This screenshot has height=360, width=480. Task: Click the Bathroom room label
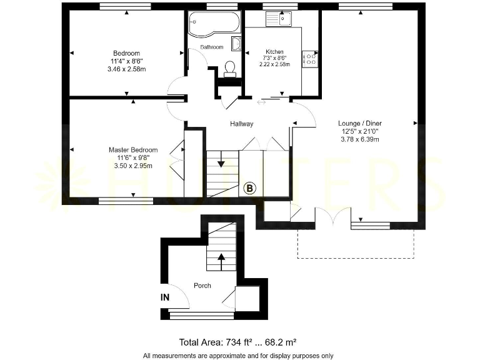tap(211, 47)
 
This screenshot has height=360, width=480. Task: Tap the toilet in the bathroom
tap(229, 67)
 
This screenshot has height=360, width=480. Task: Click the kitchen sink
tap(280, 19)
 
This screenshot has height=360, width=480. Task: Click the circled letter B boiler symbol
tap(250, 188)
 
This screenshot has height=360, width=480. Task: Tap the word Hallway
tap(241, 124)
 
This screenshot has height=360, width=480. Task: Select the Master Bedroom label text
tap(133, 150)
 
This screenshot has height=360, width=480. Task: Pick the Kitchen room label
tap(274, 52)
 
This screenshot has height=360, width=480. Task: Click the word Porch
tap(202, 286)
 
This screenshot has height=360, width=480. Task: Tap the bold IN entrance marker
tap(165, 298)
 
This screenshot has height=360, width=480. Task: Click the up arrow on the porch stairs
tap(220, 257)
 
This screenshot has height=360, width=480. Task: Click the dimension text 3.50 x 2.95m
tap(133, 166)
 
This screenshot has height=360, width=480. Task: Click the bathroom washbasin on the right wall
tap(236, 44)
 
